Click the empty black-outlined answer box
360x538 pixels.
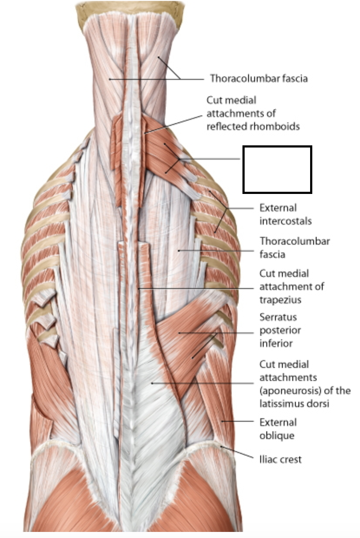(x=277, y=169)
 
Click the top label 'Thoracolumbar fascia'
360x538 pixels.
(x=259, y=79)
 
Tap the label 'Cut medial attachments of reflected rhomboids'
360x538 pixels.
(x=253, y=113)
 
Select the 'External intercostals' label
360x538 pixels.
(x=285, y=214)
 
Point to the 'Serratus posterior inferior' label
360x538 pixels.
(x=280, y=330)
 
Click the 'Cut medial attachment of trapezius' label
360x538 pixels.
(x=291, y=286)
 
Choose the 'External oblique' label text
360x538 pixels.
(x=278, y=429)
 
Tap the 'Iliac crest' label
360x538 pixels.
(x=280, y=459)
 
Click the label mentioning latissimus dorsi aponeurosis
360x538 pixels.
(x=304, y=384)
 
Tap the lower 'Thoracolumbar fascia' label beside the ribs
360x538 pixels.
(x=294, y=247)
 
